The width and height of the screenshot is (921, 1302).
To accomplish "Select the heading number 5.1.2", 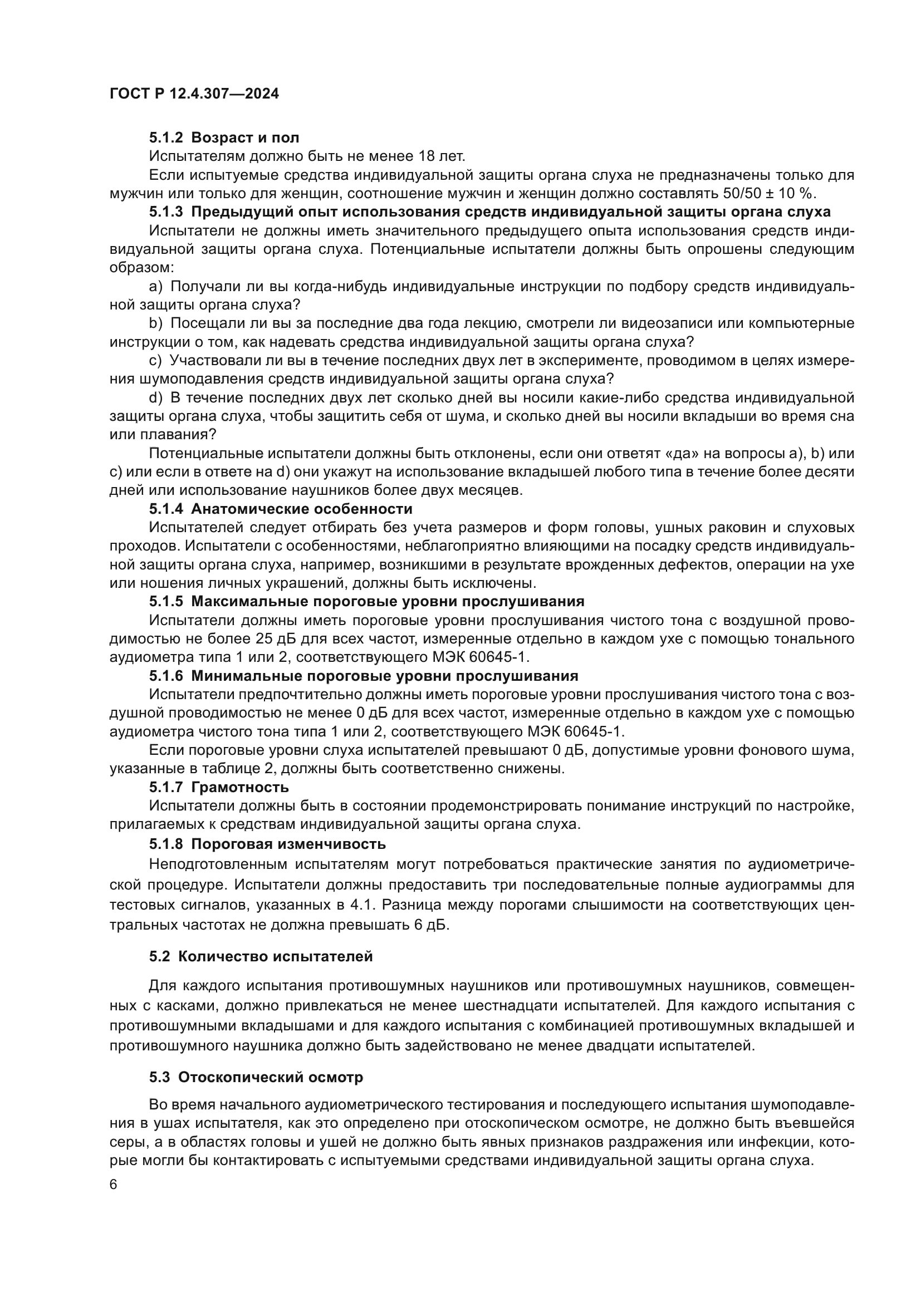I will point(166,138).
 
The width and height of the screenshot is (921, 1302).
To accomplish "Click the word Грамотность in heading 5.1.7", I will point(240,787).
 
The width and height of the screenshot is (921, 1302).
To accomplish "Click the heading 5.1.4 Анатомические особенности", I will point(281,509).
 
